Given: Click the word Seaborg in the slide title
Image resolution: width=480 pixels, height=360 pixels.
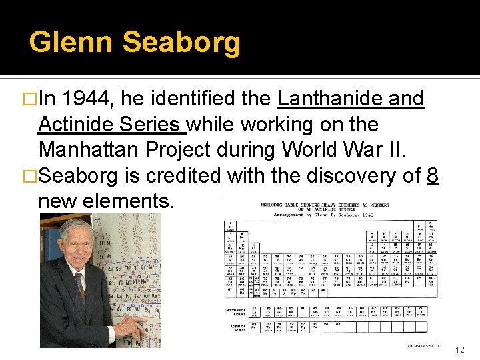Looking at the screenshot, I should [x=181, y=42].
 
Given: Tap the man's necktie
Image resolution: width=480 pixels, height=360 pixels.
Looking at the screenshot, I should [x=81, y=285].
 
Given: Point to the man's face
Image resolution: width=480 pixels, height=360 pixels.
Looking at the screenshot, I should [x=75, y=247].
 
